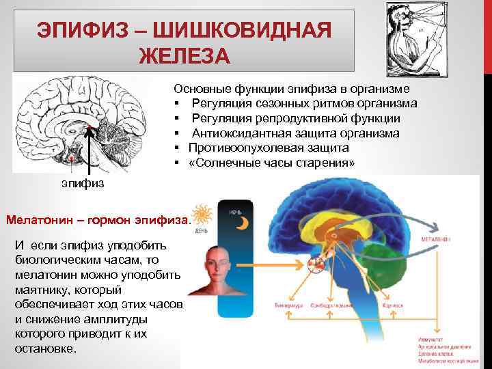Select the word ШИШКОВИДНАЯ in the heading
249,31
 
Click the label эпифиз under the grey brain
81,184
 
